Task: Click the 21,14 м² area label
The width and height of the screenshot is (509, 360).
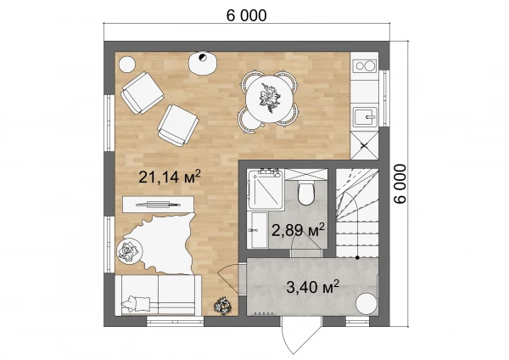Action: [x=170, y=177]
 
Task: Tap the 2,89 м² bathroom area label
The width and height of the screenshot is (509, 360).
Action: [x=298, y=230]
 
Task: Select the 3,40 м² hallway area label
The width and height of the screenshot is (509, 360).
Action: [x=313, y=287]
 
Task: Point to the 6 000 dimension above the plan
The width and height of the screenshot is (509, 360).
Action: [x=246, y=15]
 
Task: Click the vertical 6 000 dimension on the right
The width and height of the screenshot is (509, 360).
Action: [x=400, y=184]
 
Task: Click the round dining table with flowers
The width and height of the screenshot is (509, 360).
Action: [x=270, y=98]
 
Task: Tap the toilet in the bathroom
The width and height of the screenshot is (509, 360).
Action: [x=305, y=193]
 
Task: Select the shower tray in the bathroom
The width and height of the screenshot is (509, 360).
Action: [x=266, y=189]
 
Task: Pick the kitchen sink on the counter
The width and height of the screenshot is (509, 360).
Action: [x=365, y=116]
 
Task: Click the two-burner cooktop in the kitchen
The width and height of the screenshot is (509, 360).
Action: [x=365, y=66]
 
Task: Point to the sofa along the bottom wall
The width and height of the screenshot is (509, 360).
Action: [x=158, y=295]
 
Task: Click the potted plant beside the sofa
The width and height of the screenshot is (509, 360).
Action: [x=223, y=306]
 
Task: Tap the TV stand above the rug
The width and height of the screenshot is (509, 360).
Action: [x=158, y=205]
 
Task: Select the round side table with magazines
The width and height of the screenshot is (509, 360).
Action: [x=130, y=251]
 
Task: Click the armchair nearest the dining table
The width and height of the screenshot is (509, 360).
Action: [x=178, y=125]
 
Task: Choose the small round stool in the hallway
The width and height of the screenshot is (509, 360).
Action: [x=366, y=303]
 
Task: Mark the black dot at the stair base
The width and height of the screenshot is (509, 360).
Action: [x=357, y=257]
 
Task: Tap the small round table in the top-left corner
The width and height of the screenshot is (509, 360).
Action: [x=127, y=65]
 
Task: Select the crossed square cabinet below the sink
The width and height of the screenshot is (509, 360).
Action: [x=365, y=145]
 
